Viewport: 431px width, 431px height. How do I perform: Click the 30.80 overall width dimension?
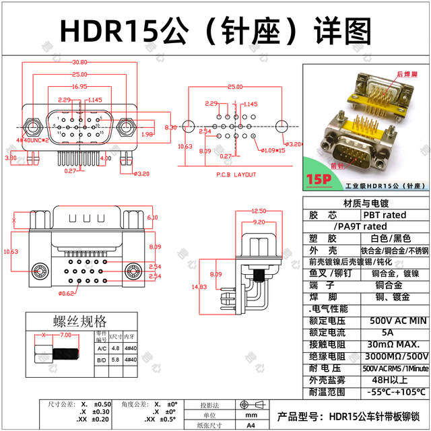[79, 62]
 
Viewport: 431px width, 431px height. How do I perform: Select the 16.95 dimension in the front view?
[79, 86]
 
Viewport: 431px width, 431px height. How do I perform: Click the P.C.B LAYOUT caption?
[236, 174]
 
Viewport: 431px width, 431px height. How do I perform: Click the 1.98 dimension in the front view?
[148, 134]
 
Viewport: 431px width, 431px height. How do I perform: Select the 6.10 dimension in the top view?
[152, 217]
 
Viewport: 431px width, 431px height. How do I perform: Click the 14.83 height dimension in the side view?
[199, 287]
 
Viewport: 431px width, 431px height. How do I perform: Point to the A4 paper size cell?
[251, 425]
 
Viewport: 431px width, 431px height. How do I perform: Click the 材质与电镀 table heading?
[366, 203]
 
